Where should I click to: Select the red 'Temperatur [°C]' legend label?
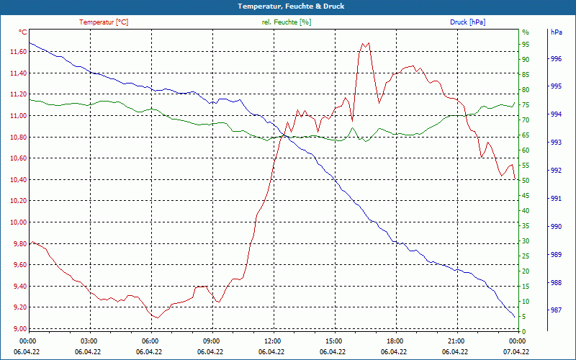[104, 22]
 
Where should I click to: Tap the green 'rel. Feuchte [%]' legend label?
[287, 22]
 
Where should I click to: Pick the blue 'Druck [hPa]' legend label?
[467, 22]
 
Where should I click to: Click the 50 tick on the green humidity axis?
[526, 181]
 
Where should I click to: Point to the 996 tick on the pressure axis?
[556, 59]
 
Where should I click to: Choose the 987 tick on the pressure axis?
[556, 311]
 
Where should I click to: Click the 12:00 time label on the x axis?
[273, 341]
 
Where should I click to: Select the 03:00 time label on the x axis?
[89, 341]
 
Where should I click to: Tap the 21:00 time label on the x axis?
[456, 341]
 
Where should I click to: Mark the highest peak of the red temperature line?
[363, 43]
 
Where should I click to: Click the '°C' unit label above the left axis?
[23, 32]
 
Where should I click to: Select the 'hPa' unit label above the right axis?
[556, 32]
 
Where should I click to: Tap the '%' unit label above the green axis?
[526, 32]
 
